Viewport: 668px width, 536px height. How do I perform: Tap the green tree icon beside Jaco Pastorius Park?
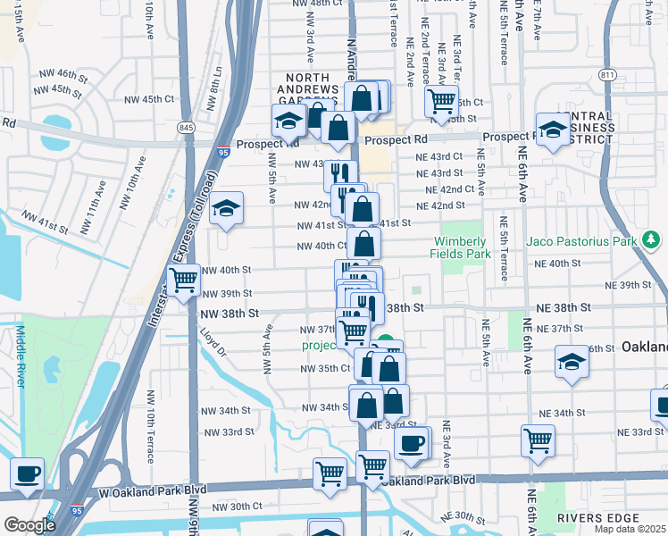coord(653,239)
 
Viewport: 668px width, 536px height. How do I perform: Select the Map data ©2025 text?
coord(630,529)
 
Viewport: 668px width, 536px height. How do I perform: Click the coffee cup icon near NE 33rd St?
coord(411,443)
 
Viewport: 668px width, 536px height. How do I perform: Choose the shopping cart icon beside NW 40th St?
coord(183,280)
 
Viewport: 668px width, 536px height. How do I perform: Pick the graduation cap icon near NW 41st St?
coord(227,209)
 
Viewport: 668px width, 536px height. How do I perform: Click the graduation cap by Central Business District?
coord(553,129)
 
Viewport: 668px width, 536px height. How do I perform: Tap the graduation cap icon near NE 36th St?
coord(571,362)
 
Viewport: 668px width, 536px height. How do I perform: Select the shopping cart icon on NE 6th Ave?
coord(538,440)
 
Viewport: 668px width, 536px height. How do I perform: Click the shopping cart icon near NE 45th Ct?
coord(441,100)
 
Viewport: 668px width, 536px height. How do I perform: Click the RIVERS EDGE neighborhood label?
coord(599,518)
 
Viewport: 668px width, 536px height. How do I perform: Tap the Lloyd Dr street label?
coord(215,342)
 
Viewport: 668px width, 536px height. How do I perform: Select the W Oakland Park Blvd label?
coord(140,490)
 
